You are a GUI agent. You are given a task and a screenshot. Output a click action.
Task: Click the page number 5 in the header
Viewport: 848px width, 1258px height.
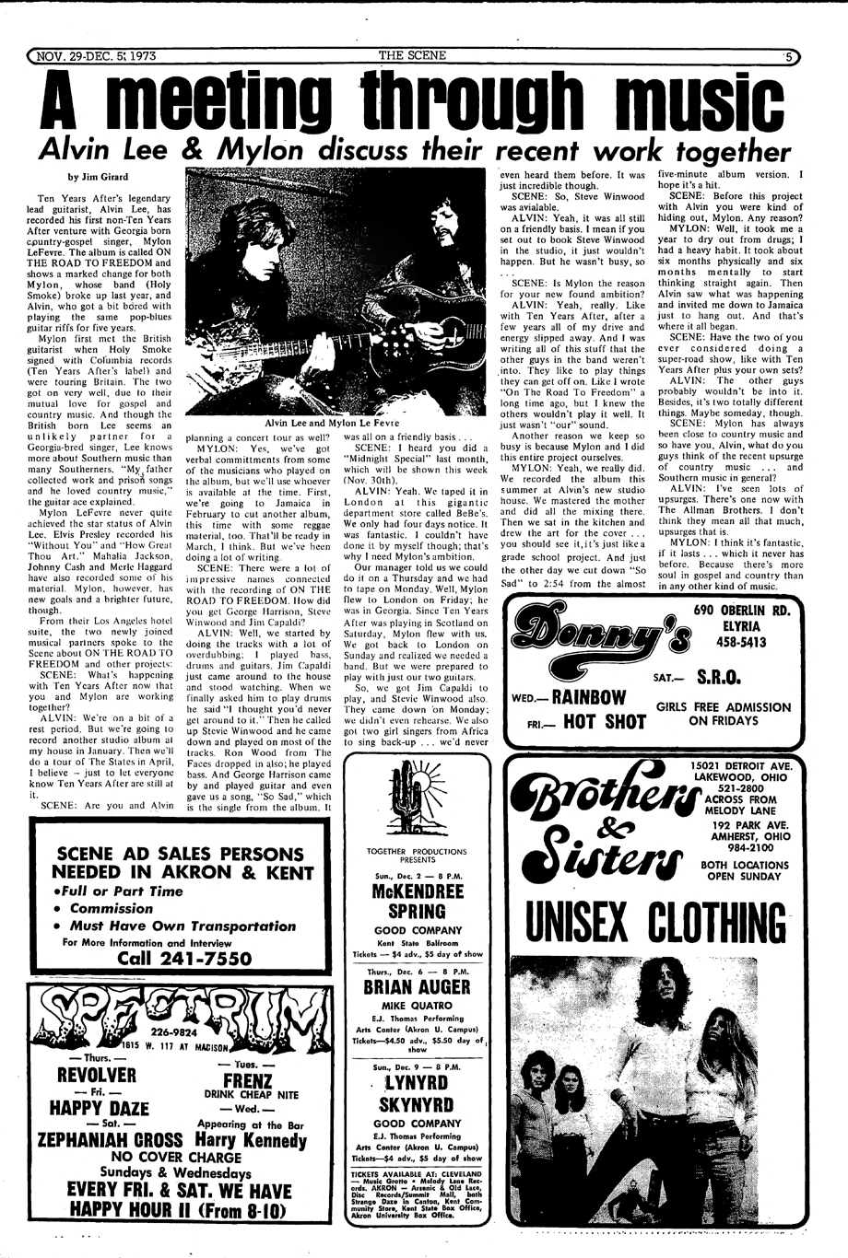[789, 56]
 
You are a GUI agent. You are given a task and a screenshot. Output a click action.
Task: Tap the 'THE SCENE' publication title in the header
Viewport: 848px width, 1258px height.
[413, 56]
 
